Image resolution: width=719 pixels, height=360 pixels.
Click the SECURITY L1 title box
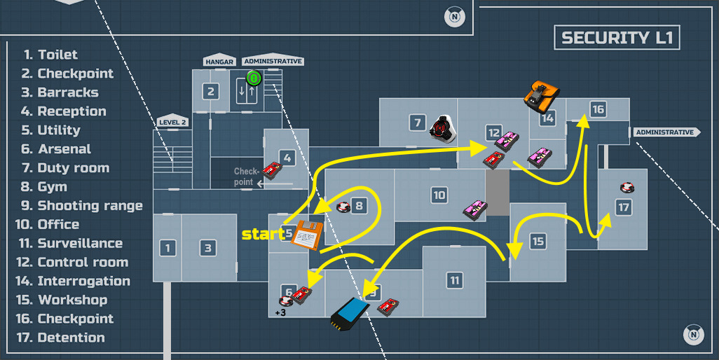point(617,38)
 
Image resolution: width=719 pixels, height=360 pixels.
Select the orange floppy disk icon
point(306,235)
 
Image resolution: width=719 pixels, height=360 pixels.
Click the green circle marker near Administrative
point(254,78)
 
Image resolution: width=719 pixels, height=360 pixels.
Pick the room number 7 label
point(418,123)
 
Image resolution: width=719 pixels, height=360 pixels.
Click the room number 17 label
point(623,207)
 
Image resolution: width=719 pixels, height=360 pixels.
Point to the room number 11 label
point(455,281)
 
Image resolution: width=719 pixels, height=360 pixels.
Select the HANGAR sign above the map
point(219,62)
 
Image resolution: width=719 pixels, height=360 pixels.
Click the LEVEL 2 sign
point(172,122)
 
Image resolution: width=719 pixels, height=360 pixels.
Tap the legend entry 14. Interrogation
point(76,281)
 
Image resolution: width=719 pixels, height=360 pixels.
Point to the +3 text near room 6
point(280,312)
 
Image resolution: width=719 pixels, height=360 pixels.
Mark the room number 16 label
point(597,110)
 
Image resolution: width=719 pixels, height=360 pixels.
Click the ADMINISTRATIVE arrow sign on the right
point(666,132)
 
